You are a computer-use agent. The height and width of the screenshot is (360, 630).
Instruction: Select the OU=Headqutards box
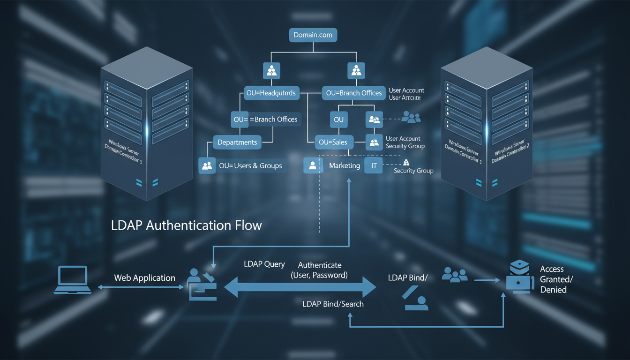click(271, 93)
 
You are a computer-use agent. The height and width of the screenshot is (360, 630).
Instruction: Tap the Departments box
click(237, 142)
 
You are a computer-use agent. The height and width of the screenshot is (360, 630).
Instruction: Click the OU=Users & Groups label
click(250, 165)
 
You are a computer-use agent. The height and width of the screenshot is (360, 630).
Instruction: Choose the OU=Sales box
click(333, 142)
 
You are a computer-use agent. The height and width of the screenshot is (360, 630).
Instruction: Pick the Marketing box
click(344, 165)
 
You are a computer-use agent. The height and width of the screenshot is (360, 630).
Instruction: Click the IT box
click(374, 165)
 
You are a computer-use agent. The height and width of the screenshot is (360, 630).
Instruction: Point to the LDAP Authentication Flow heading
click(186, 225)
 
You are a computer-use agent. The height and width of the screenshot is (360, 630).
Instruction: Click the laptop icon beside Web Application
click(72, 280)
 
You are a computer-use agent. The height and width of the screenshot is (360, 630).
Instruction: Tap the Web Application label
click(144, 278)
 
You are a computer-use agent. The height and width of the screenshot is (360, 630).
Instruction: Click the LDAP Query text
click(264, 264)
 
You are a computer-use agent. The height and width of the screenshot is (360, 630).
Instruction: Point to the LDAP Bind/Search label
click(333, 304)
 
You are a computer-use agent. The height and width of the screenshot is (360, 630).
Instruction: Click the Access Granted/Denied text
click(556, 279)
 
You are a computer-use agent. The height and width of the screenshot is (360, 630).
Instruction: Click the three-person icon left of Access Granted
click(455, 275)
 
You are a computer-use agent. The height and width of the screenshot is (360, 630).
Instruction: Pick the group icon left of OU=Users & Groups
click(207, 165)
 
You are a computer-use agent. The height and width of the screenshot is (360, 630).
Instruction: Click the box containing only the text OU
click(338, 120)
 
